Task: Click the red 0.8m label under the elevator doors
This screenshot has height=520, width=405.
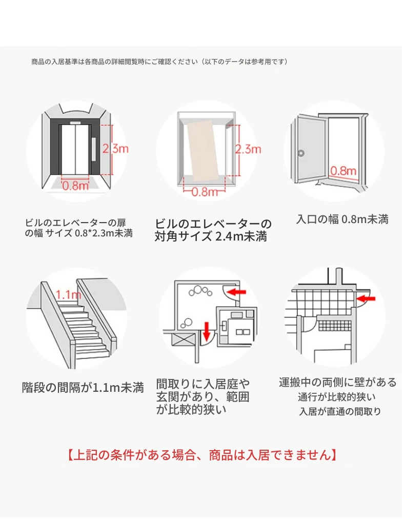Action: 75,186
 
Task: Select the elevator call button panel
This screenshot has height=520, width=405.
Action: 93,148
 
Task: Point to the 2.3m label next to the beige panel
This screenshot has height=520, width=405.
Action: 248,149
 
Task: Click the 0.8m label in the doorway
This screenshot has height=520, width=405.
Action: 343,170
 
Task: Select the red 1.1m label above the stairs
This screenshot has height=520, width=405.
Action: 68,294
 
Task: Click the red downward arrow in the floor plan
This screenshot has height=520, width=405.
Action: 207,331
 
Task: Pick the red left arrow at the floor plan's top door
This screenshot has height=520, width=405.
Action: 236,292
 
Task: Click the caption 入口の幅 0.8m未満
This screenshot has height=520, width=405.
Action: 342,219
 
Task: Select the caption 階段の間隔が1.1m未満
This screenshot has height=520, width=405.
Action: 83,387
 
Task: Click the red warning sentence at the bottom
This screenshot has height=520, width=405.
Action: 202,455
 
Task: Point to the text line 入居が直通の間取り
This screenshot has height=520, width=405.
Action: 340,411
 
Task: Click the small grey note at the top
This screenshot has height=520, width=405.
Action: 159,62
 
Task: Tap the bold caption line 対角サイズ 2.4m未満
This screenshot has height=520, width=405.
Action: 211,237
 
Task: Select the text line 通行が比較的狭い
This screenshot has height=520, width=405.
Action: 337,397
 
